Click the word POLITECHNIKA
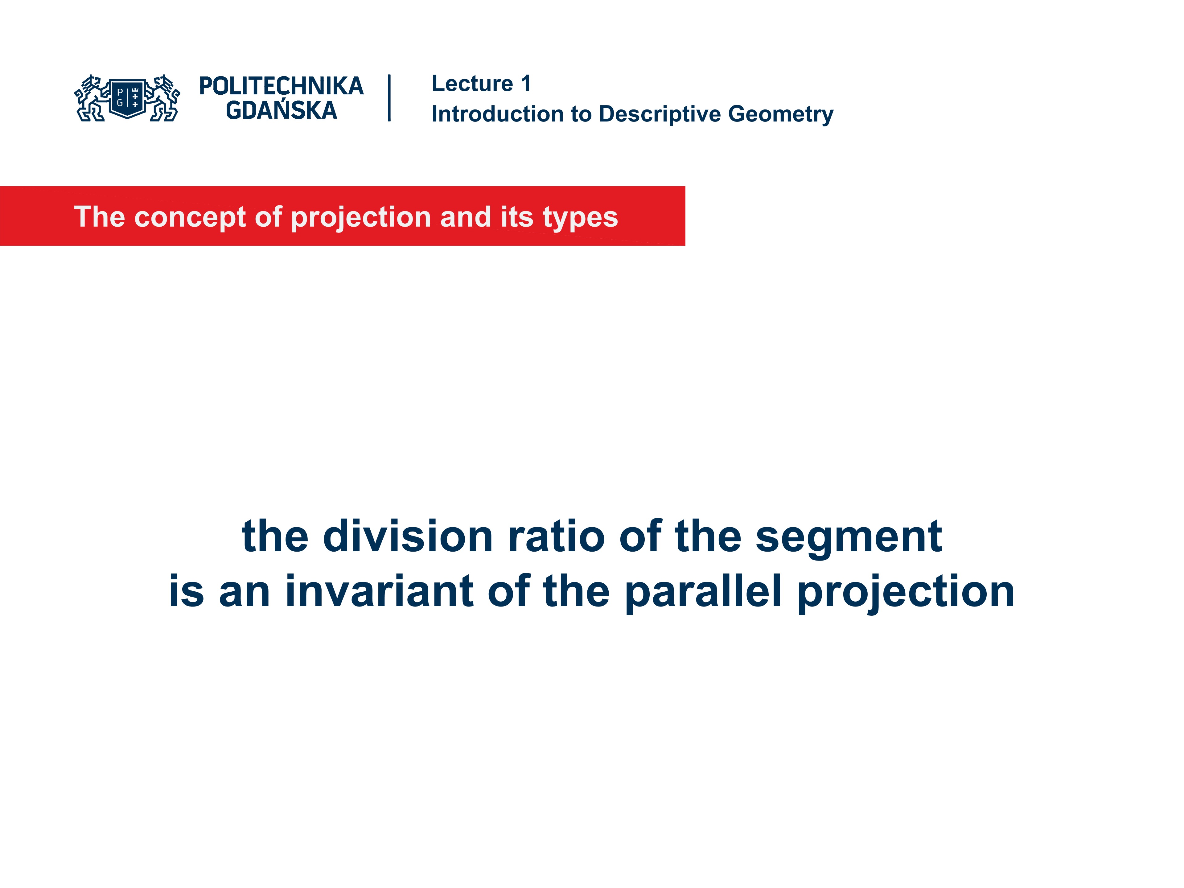click(281, 86)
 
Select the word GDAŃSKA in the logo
click(281, 111)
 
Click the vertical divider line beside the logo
click(389, 98)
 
